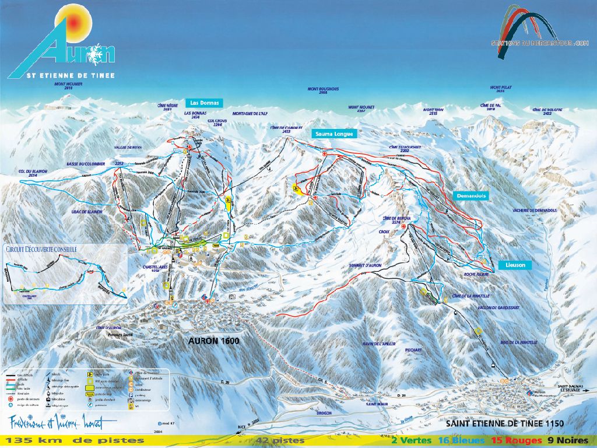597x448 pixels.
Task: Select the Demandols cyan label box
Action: (472, 195)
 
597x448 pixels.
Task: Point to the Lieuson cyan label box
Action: (515, 265)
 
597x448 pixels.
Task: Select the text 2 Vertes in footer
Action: (412, 440)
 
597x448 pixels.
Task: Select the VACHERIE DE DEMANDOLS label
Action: (535, 209)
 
